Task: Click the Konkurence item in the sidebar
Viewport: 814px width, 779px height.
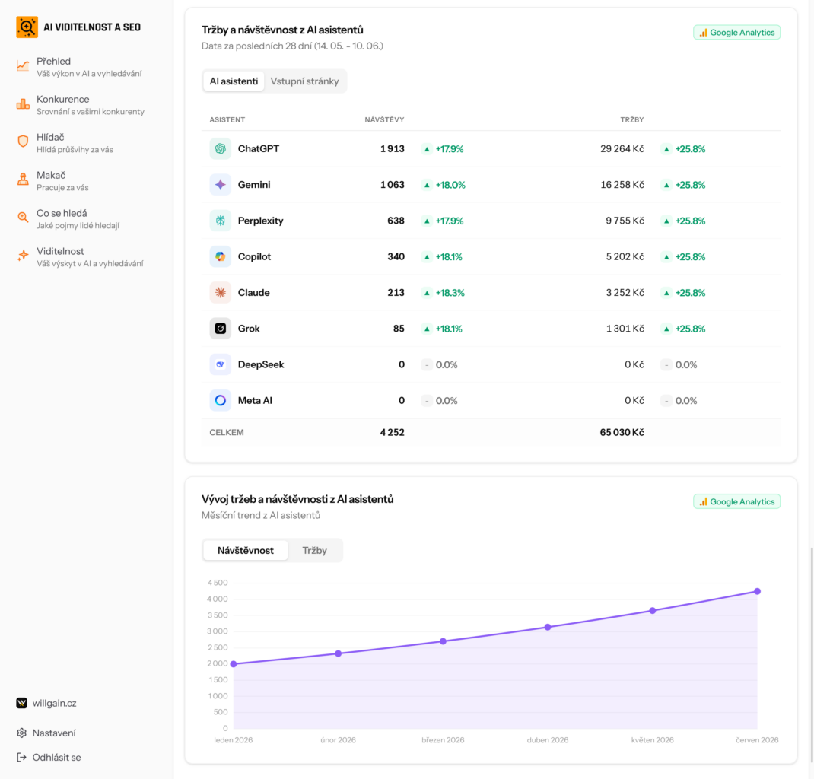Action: click(x=80, y=105)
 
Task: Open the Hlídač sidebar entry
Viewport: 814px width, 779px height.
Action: click(x=65, y=143)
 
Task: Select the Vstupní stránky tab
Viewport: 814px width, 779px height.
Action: click(x=305, y=81)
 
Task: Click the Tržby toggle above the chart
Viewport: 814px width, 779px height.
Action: click(x=315, y=551)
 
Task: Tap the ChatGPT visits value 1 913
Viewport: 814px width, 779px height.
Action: click(x=392, y=149)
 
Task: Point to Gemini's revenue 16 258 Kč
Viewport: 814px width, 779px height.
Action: click(x=622, y=185)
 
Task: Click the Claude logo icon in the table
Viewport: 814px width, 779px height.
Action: click(x=220, y=293)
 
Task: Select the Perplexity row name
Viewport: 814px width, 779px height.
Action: click(x=261, y=221)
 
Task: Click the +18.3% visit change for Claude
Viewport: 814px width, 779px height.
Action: click(x=450, y=293)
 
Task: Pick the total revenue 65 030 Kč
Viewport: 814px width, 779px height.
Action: click(x=622, y=433)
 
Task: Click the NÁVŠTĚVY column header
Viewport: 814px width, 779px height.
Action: click(x=384, y=120)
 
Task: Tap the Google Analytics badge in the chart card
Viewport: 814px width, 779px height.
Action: click(x=736, y=502)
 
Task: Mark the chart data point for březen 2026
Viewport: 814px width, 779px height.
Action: click(x=443, y=641)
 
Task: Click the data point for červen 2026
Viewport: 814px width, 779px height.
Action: click(x=758, y=592)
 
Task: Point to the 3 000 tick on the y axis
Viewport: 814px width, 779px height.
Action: click(x=217, y=631)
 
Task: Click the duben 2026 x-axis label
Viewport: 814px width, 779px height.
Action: click(x=548, y=741)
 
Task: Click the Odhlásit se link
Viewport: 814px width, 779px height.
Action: click(x=49, y=758)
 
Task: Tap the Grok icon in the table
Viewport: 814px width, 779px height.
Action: click(x=220, y=329)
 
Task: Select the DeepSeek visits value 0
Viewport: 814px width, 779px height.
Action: click(x=401, y=365)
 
